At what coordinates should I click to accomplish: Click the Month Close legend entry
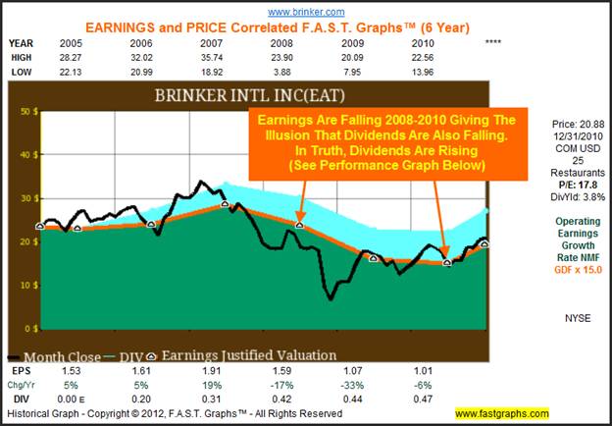59,355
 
